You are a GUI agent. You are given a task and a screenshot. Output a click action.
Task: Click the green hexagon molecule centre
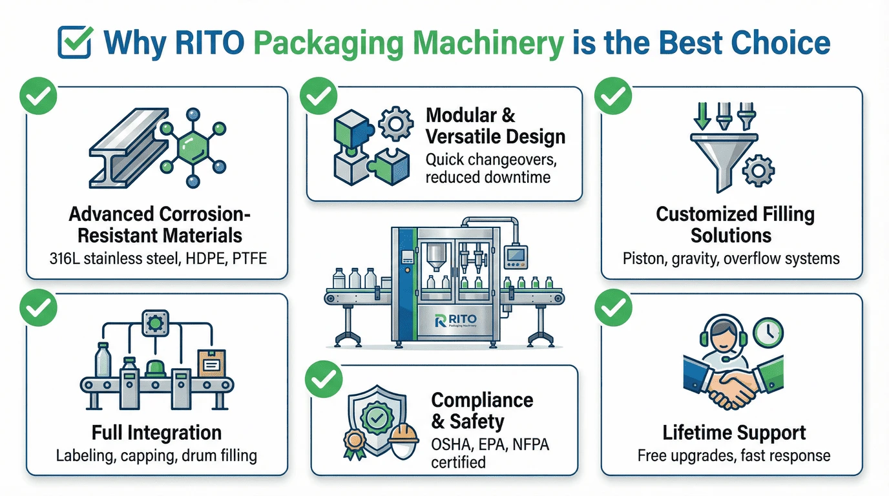click(x=193, y=148)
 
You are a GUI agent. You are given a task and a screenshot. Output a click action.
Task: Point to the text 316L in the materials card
click(x=65, y=258)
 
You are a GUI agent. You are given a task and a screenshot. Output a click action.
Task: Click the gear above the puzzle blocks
click(x=395, y=124)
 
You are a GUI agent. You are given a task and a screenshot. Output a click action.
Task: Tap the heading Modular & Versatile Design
click(x=496, y=126)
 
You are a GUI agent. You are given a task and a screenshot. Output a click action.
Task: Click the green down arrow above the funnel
click(x=702, y=116)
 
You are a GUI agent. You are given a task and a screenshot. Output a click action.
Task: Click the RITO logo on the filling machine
click(x=455, y=320)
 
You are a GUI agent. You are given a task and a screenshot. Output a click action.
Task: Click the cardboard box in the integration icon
click(x=211, y=363)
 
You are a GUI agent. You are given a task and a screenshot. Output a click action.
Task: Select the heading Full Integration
click(x=156, y=433)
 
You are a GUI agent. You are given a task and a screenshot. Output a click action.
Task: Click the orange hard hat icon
click(x=403, y=434)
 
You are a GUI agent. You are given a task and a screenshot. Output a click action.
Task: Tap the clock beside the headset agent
click(x=768, y=333)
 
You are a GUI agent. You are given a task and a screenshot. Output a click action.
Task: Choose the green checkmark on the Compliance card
click(x=324, y=379)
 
